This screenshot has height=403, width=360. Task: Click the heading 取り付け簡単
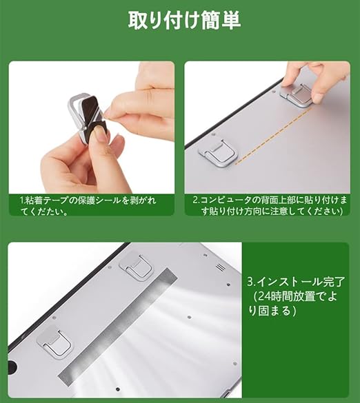coord(184,20)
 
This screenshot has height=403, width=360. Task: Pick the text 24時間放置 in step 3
coord(286,297)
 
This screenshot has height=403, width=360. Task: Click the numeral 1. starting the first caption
coord(22,200)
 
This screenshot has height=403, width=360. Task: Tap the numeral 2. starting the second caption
coord(197,200)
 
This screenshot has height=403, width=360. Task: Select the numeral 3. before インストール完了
coord(252,282)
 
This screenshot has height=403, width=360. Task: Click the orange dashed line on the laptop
coord(273,136)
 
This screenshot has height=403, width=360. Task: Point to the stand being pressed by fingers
coord(297,94)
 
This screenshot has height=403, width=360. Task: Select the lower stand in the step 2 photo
coord(218,153)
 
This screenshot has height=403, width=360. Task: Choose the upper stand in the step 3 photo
coord(136,269)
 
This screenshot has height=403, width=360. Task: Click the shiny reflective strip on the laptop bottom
coord(118,325)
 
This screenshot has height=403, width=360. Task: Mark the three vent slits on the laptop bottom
coord(221,267)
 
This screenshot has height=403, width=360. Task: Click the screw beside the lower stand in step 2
coord(213,134)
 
